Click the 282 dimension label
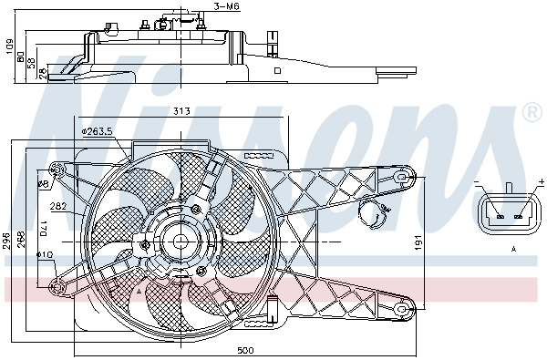click(x=57, y=205)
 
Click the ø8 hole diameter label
click(x=43, y=184)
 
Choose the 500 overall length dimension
click(x=244, y=350)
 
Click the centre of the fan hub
click(x=180, y=240)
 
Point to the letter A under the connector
click(x=512, y=249)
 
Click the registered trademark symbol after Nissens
click(x=532, y=112)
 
